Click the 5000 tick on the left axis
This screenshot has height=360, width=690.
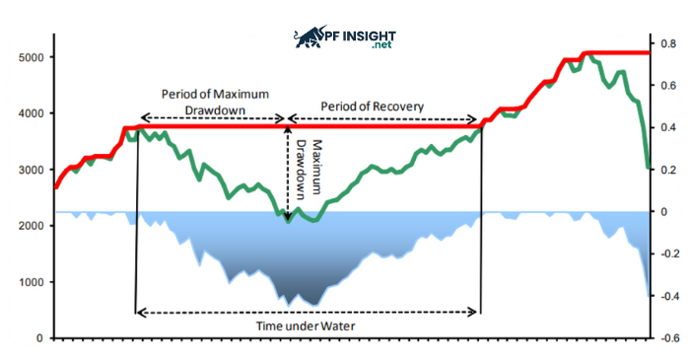(32, 57)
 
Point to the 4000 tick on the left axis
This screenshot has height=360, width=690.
(32, 113)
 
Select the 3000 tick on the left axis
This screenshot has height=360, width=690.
(32, 170)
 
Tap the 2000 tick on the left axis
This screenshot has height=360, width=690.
(32, 226)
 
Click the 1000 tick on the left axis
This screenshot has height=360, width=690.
(32, 282)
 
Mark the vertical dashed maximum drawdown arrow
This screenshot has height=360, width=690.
(288, 174)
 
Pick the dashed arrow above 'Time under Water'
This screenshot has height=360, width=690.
(308, 312)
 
